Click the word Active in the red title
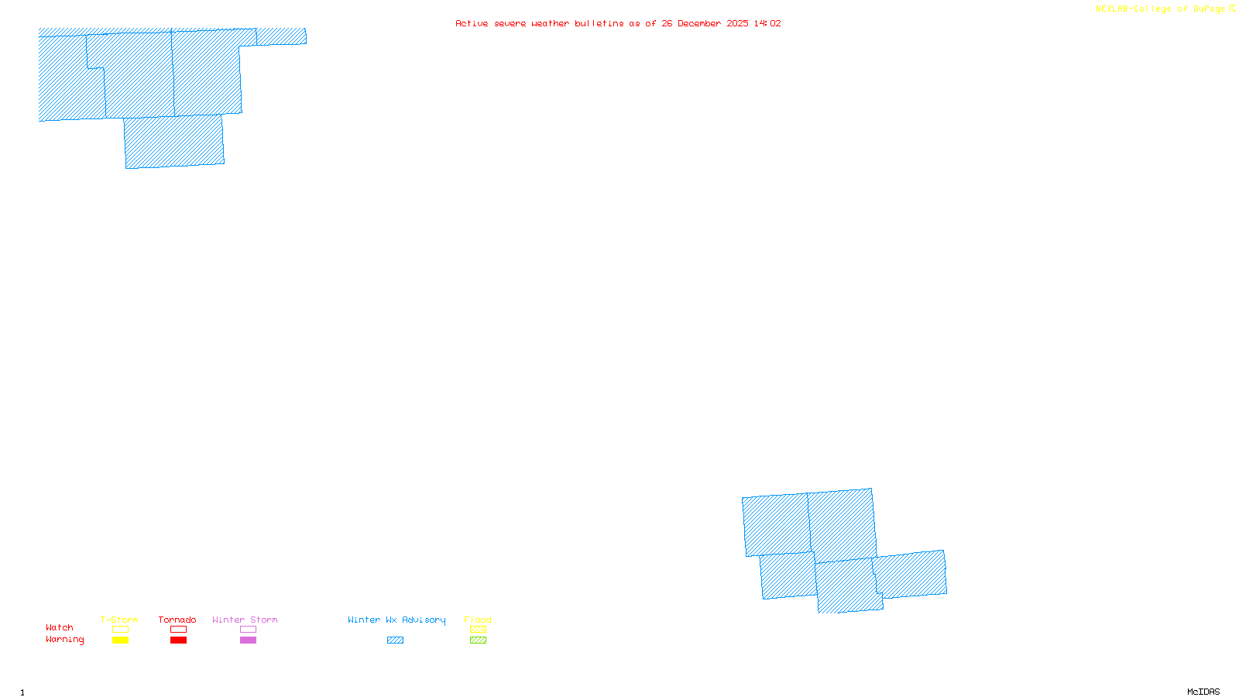tap(472, 23)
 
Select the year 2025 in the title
tap(737, 23)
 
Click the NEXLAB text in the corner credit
tap(1112, 9)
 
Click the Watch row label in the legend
tap(60, 628)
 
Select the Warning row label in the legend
tap(65, 640)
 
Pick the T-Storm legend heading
tap(119, 620)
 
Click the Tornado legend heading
tap(177, 620)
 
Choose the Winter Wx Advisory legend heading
tap(396, 620)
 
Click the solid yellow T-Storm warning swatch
tap(120, 640)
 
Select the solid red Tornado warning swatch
tap(178, 640)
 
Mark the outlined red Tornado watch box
tap(178, 630)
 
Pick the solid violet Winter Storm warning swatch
tap(248, 640)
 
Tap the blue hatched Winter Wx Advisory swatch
tap(395, 640)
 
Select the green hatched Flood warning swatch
tap(478, 640)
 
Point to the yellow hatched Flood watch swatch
tap(478, 630)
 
